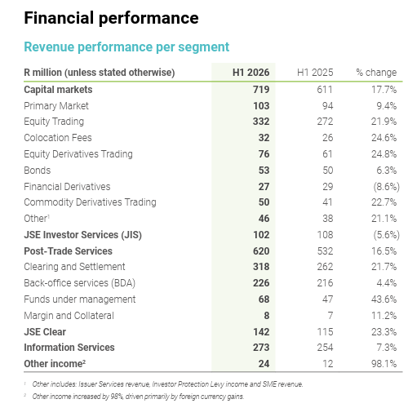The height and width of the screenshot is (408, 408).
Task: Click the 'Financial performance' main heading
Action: pyautogui.click(x=111, y=18)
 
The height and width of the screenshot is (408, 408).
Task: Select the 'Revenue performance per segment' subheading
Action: pyautogui.click(x=126, y=47)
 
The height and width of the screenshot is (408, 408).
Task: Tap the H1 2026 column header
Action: pyautogui.click(x=251, y=73)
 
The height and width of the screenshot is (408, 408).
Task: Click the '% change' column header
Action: pyautogui.click(x=376, y=73)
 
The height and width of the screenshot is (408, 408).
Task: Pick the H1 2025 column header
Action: pyautogui.click(x=315, y=73)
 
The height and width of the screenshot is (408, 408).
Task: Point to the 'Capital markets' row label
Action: pyautogui.click(x=58, y=90)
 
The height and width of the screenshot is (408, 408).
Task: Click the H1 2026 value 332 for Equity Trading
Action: pyautogui.click(x=261, y=122)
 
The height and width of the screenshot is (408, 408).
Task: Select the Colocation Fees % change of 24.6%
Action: pyautogui.click(x=384, y=138)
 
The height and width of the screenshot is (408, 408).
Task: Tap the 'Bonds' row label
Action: pyautogui.click(x=38, y=171)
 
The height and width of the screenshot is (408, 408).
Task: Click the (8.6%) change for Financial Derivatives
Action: pyautogui.click(x=386, y=187)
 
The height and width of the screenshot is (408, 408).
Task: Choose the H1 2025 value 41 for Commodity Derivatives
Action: pyautogui.click(x=327, y=202)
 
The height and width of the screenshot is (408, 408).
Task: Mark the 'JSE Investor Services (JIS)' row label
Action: pyautogui.click(x=83, y=235)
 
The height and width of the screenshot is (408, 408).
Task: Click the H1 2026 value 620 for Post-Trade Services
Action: pyautogui.click(x=261, y=251)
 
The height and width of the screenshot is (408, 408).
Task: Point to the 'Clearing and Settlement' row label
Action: pyautogui.click(x=74, y=267)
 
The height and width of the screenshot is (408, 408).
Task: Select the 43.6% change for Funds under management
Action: pyautogui.click(x=384, y=299)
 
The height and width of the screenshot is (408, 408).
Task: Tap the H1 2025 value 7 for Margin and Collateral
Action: pyautogui.click(x=330, y=316)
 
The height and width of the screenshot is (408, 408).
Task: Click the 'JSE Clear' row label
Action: pyautogui.click(x=45, y=332)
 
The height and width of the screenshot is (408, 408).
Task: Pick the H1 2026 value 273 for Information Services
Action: pyautogui.click(x=261, y=348)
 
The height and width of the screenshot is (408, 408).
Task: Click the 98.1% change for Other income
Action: pyautogui.click(x=384, y=364)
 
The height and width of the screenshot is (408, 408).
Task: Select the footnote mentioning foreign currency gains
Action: pyautogui.click(x=138, y=397)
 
